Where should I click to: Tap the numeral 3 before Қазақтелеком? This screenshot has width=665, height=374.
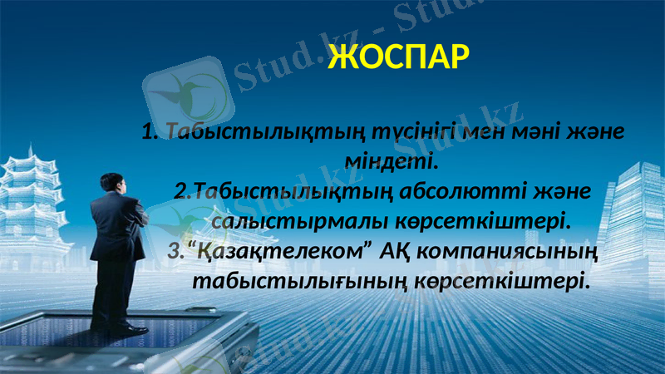[x=174, y=249]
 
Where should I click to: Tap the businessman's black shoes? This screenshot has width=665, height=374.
[x=125, y=329]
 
